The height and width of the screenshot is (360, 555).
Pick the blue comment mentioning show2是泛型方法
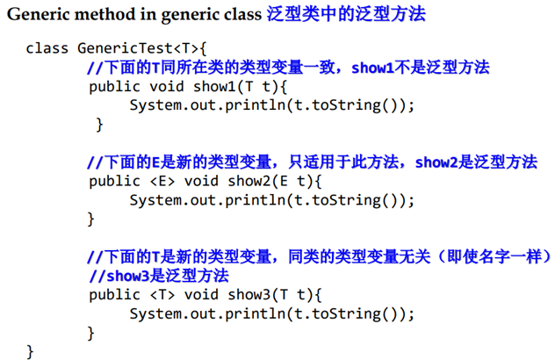point(312,162)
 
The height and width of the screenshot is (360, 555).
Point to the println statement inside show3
point(271,313)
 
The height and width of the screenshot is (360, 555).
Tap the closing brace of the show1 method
point(99,125)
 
